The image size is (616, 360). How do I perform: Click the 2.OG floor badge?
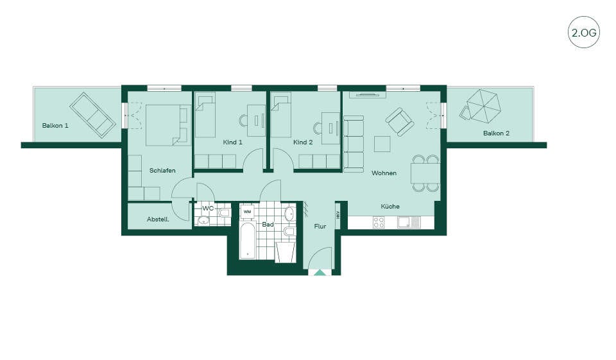(584, 32)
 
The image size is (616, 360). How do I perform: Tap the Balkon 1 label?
(55, 126)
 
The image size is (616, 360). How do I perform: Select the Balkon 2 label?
(496, 133)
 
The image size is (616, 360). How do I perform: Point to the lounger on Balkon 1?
(92, 115)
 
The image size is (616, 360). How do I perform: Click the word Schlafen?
(162, 171)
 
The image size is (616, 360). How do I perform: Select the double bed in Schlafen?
(167, 125)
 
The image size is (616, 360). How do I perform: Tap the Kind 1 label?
(232, 142)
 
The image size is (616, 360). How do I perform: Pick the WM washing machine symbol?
(247, 212)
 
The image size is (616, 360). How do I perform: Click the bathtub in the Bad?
(248, 241)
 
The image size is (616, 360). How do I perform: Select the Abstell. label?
(158, 219)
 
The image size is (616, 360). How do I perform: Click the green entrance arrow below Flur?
(320, 272)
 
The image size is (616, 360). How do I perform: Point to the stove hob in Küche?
(379, 223)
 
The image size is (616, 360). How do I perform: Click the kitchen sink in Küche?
(409, 223)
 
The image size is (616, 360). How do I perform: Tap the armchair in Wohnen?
(400, 122)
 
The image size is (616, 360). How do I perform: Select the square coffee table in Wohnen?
(382, 144)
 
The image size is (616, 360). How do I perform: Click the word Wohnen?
(384, 173)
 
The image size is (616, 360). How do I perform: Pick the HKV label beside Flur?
(338, 215)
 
